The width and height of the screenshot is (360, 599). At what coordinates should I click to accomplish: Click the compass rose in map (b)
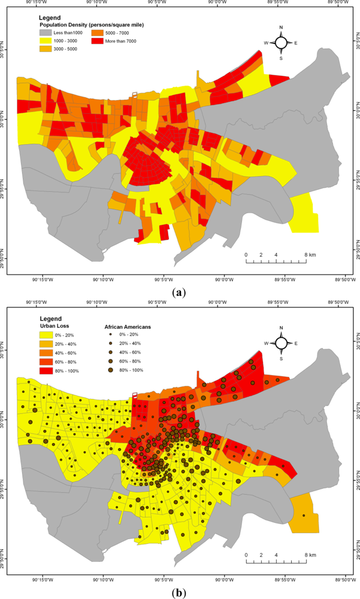281,343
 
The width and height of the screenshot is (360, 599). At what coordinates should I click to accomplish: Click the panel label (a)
179,293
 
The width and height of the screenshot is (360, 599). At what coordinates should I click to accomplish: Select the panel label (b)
179,592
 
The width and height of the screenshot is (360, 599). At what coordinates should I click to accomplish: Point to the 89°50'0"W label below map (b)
343,579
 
